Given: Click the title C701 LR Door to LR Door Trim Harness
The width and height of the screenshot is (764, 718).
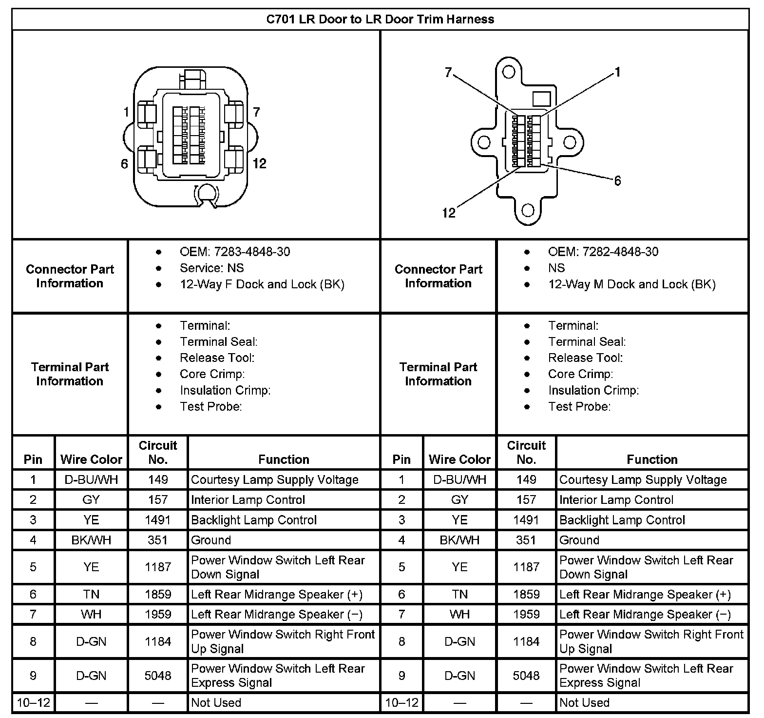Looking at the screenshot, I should click(380, 20).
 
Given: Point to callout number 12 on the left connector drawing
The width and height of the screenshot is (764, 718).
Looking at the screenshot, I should click(260, 163).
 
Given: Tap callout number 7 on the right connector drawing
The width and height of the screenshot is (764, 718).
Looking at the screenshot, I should click(448, 73).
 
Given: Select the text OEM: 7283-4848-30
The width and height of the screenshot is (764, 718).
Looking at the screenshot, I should click(235, 252).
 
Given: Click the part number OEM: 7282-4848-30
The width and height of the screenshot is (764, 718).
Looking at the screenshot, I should click(603, 252).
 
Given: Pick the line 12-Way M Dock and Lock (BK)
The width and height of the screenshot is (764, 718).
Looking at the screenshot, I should click(631, 284).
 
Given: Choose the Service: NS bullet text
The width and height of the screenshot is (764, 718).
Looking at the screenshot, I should click(211, 268).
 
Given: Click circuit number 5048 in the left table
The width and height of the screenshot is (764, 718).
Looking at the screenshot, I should click(158, 676).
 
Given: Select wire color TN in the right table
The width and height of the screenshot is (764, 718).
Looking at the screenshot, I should click(459, 595).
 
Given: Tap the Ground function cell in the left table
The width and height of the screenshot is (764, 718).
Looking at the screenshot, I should click(211, 540).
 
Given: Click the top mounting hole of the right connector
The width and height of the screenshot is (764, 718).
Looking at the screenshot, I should click(509, 72).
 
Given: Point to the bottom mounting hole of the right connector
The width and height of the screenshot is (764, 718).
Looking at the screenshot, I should click(528, 211).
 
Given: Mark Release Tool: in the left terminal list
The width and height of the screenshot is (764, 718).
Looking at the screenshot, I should click(217, 358).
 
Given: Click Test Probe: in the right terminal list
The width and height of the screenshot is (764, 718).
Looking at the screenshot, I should click(579, 407).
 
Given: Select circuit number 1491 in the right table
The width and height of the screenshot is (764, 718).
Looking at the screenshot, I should click(526, 520).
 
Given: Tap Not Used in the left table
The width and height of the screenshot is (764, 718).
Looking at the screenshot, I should click(216, 703).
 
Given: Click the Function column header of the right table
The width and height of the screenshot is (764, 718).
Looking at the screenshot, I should click(652, 459).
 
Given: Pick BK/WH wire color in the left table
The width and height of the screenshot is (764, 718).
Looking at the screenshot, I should click(91, 540).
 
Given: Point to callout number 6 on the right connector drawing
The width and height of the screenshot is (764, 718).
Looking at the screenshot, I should click(617, 181).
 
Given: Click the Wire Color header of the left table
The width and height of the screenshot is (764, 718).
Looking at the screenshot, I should click(91, 459).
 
